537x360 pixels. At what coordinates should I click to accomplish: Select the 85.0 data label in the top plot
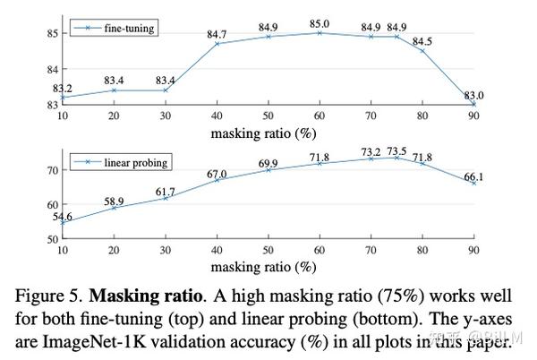[x=319, y=24]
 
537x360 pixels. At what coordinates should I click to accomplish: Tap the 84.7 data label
[x=216, y=35]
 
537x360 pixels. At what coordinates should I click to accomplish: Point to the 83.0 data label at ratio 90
[x=473, y=95]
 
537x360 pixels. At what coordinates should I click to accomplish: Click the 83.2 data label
[x=63, y=88]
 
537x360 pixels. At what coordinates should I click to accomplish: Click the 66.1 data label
[x=473, y=177]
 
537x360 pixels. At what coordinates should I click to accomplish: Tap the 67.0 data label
[x=216, y=173]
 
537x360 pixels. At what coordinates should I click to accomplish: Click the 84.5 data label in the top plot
[x=421, y=40]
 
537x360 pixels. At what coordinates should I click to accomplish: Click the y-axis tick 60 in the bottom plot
[x=50, y=204]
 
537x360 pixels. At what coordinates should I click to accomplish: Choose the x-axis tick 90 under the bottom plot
[x=473, y=251]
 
